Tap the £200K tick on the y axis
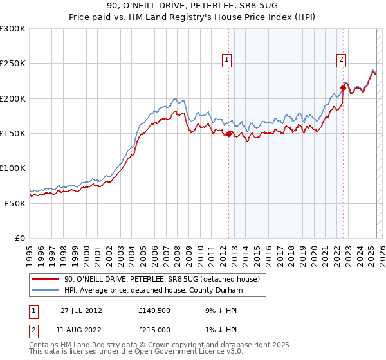pyautogui.click(x=13, y=99)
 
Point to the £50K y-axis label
pyautogui.click(x=15, y=203)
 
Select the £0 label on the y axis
pyautogui.click(x=21, y=238)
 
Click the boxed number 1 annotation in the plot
pyautogui.click(x=228, y=60)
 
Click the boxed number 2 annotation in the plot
pyautogui.click(x=341, y=60)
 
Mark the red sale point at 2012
pyautogui.click(x=228, y=134)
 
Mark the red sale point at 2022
pyautogui.click(x=343, y=88)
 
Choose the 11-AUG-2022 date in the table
pyautogui.click(x=81, y=329)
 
